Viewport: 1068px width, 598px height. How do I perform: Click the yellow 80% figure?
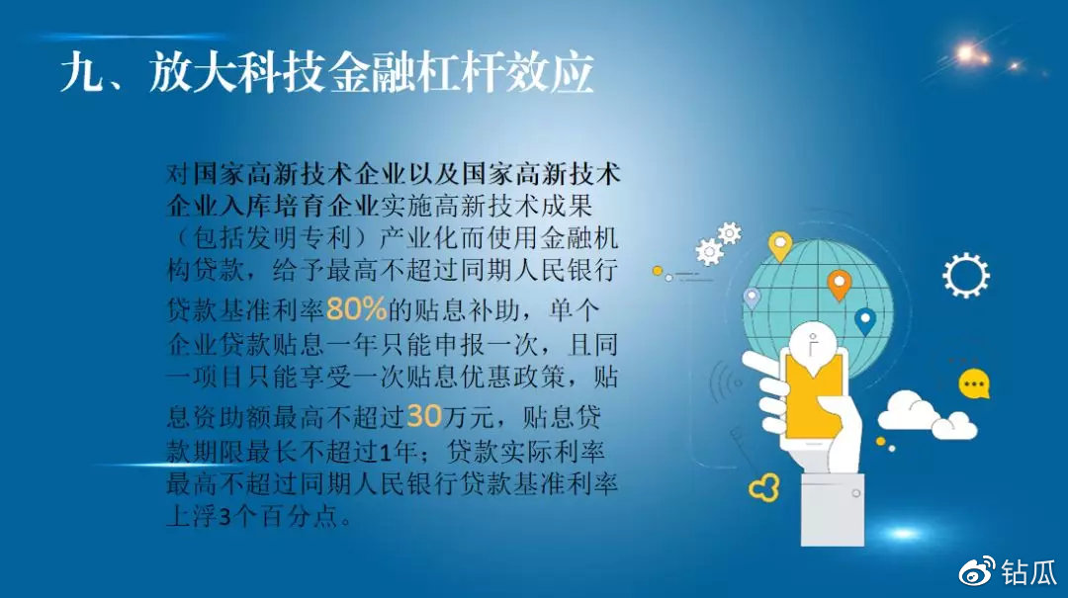[x=356, y=309]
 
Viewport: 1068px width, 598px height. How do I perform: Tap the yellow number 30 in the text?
[x=424, y=415]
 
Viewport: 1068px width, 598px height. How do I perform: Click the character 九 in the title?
[x=81, y=72]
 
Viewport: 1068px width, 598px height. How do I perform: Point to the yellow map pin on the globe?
[x=780, y=246]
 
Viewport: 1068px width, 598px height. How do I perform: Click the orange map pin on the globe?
[x=840, y=284]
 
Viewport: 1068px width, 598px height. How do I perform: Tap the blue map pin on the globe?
[x=864, y=321]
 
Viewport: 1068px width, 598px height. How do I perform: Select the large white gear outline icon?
[x=966, y=275]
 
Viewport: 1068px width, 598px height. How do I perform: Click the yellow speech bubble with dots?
[x=974, y=384]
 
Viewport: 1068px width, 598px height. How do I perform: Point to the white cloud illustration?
[x=928, y=415]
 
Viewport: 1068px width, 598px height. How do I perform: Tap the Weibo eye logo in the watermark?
[x=977, y=571]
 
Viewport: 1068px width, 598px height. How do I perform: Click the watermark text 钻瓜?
[x=1027, y=572]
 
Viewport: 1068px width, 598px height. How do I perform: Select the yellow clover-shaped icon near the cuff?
[x=764, y=487]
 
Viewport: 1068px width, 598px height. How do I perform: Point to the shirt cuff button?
[x=855, y=493]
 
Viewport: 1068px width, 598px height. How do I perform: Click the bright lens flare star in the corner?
[x=967, y=53]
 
